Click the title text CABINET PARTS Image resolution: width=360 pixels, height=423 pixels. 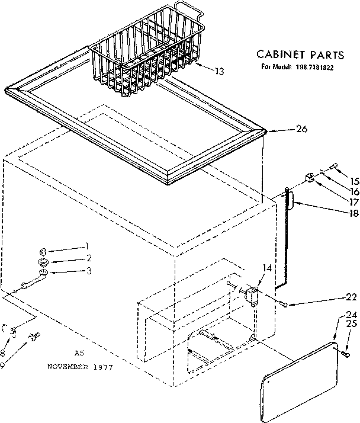[300, 55]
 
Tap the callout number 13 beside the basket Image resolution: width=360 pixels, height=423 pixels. [219, 71]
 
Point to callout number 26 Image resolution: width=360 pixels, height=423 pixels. [301, 130]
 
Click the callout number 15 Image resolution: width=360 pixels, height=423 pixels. [353, 181]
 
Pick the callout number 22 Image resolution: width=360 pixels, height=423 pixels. [352, 298]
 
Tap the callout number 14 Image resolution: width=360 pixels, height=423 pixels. [268, 268]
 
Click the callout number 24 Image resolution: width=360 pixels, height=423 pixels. [352, 315]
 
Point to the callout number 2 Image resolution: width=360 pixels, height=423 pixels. [89, 258]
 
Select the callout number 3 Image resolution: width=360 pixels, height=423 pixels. [89, 271]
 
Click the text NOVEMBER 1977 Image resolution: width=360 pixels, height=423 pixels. [80, 367]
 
